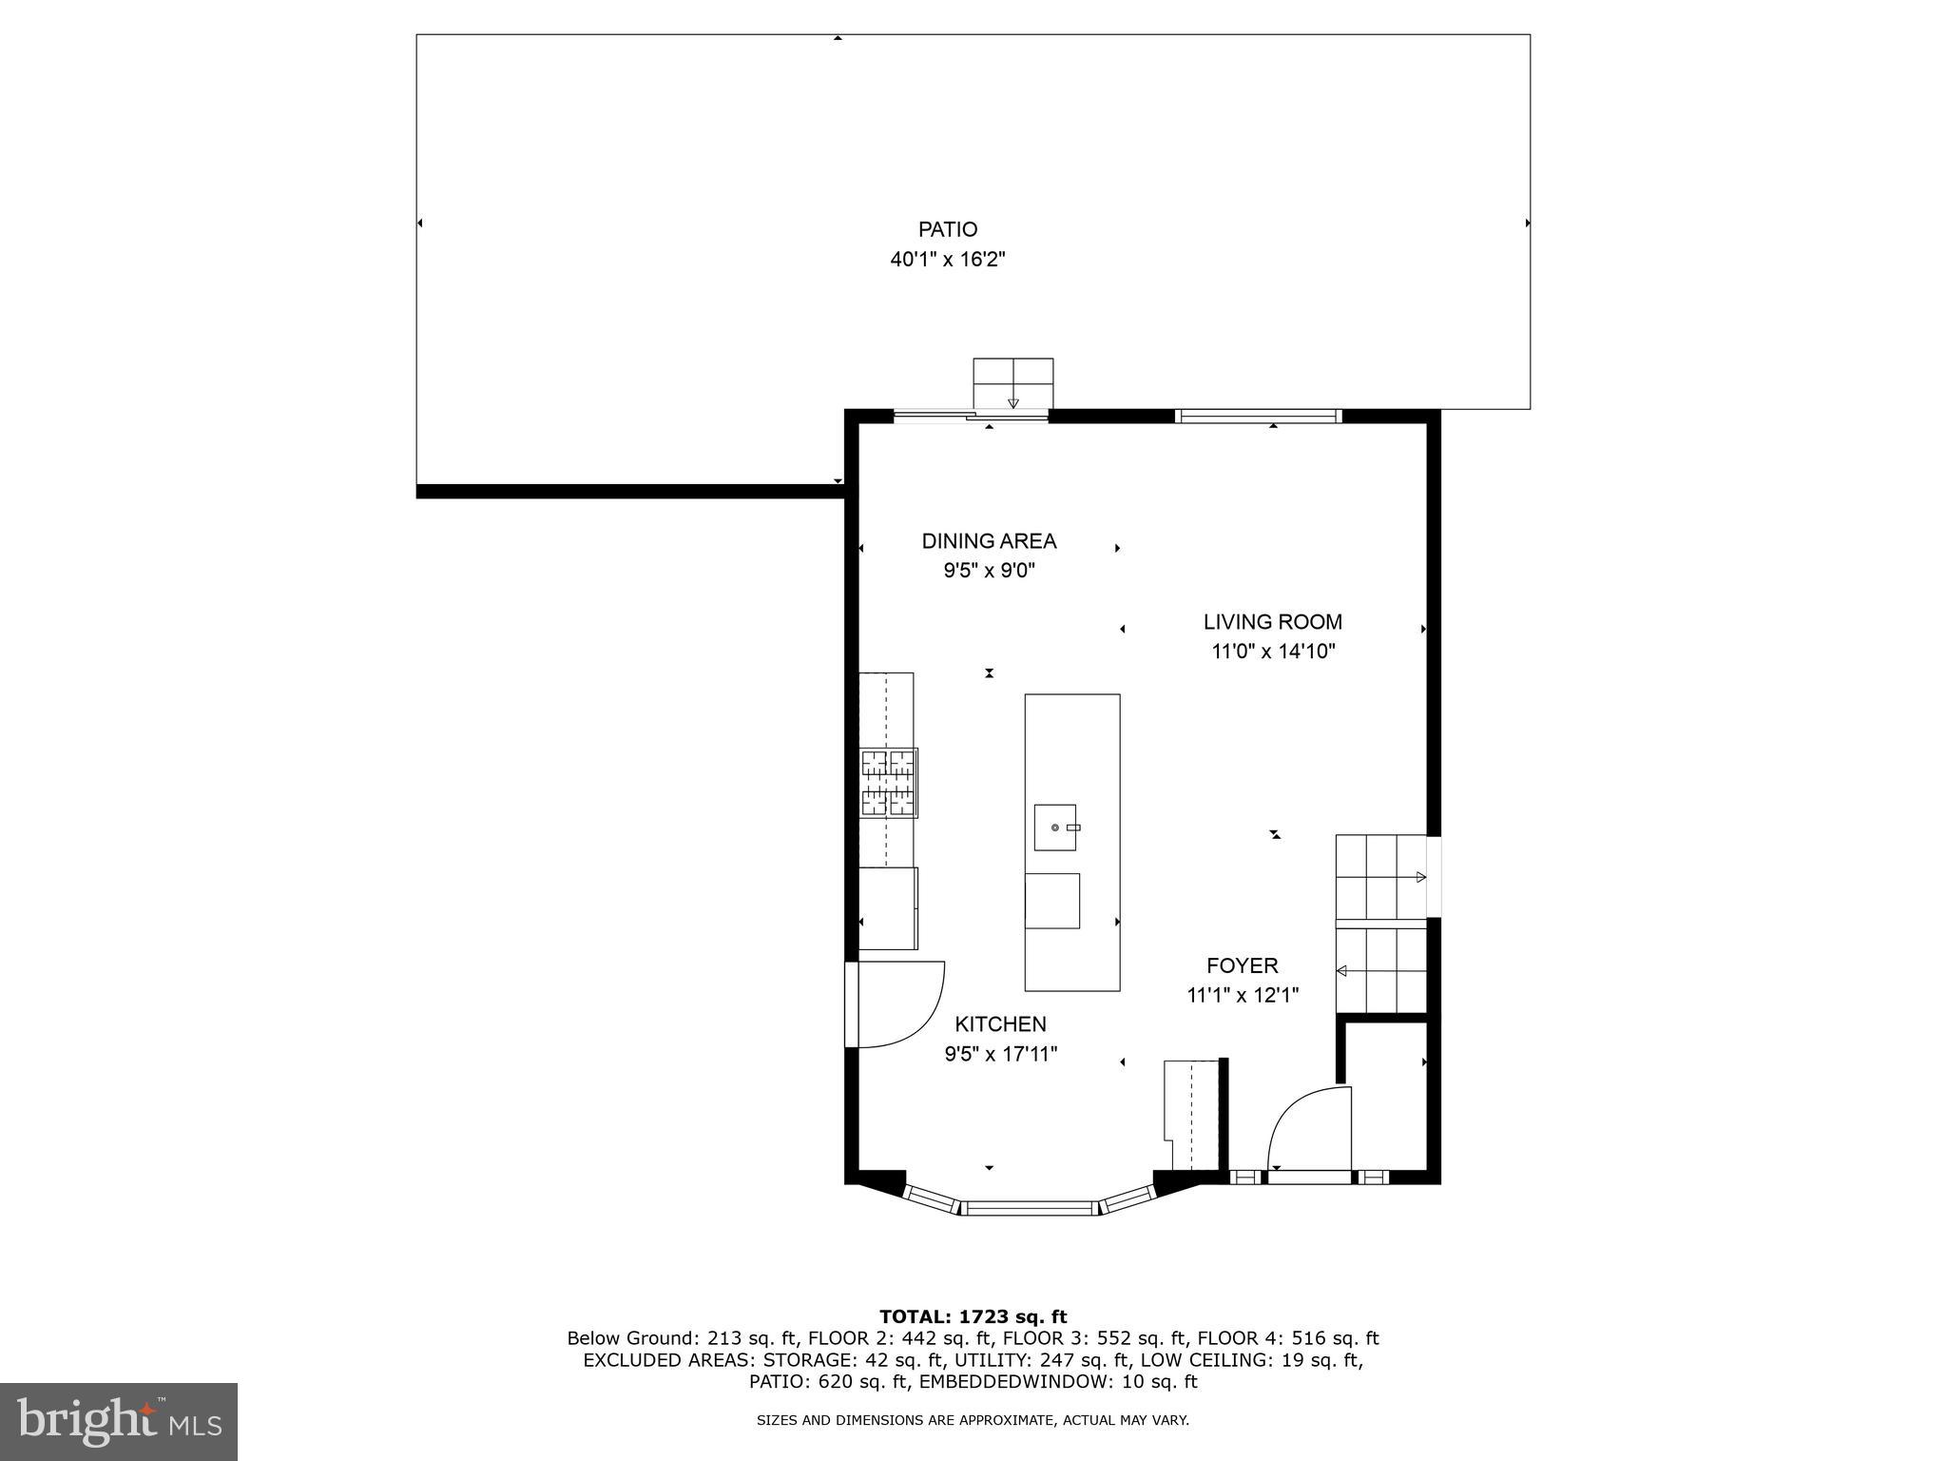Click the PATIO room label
point(947,229)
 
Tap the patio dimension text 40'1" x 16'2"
point(947,260)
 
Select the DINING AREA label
point(989,541)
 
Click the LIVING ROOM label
point(1272,622)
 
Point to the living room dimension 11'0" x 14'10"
point(1272,653)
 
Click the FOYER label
point(1242,965)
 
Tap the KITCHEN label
point(1000,1024)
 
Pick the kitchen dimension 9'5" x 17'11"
point(1000,1054)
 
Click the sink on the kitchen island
point(1055,828)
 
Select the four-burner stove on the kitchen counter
point(889,783)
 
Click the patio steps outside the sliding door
point(1012,383)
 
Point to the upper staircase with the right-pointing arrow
point(1380,877)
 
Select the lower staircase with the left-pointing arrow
point(1380,970)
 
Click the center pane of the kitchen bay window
point(1029,1209)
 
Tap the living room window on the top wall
point(1258,416)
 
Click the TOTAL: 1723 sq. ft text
point(973,1317)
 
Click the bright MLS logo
point(118,1421)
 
